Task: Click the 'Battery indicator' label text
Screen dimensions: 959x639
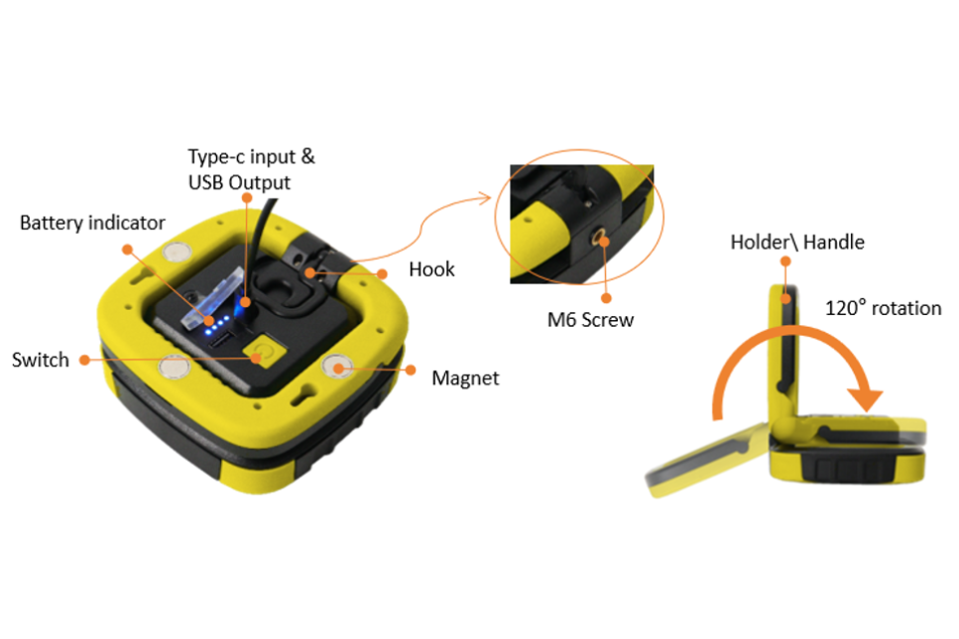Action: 92,223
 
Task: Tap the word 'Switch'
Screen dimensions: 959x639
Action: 41,360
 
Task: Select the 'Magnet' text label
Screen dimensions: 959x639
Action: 465,378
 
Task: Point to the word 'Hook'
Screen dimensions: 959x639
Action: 431,269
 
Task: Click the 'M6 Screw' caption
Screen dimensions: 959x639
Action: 590,319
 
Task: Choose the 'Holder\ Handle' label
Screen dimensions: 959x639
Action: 797,242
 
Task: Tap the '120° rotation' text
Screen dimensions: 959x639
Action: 884,308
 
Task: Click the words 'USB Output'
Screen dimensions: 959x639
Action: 239,182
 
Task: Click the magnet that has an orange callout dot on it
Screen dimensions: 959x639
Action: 337,367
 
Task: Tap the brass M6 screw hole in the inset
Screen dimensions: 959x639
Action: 599,237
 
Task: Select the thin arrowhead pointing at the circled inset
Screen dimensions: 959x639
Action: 484,198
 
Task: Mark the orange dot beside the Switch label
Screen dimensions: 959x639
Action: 85,361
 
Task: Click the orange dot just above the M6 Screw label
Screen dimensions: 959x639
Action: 606,298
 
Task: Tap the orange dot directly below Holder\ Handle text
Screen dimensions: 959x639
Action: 785,262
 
